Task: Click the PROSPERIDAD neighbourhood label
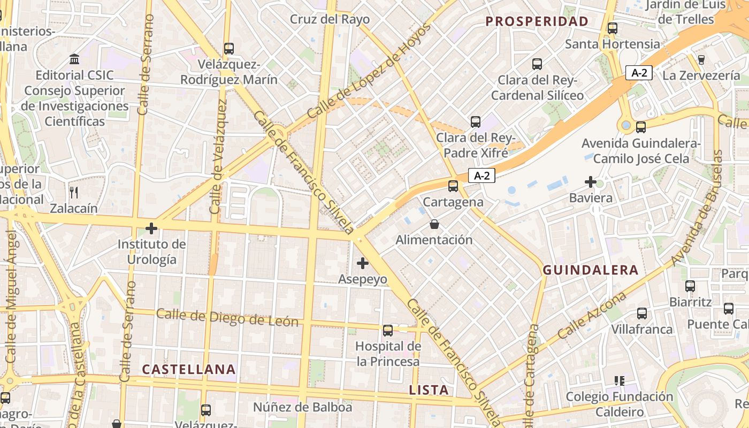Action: point(537,21)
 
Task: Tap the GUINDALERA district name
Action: point(591,270)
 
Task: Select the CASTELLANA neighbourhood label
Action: point(189,369)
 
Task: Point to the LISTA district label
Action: point(429,390)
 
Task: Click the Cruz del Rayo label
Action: point(330,19)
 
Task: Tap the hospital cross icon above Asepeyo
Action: point(363,263)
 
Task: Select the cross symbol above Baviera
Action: point(591,182)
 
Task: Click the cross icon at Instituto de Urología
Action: point(151,229)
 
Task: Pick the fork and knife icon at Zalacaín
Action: point(74,193)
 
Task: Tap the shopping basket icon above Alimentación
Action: point(434,224)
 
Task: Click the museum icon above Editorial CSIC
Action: point(74,59)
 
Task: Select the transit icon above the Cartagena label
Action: point(453,186)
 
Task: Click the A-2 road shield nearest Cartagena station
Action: point(481,175)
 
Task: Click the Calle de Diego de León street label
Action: point(227,318)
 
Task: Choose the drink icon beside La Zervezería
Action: point(701,59)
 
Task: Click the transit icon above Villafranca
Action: point(641,314)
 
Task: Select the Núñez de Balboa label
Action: point(303,407)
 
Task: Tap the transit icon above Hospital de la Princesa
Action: point(388,330)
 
